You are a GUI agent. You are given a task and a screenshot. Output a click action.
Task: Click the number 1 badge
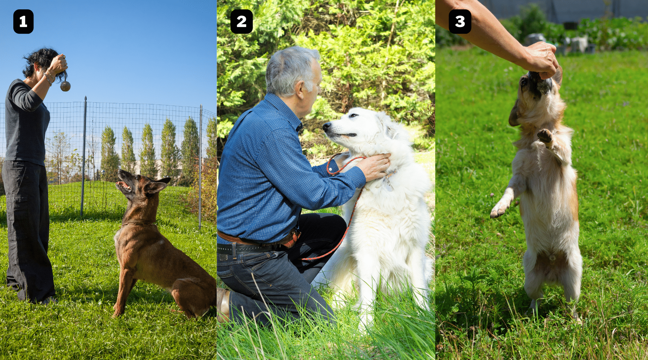[x=23, y=22]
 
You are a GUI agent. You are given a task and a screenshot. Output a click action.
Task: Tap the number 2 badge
[x=241, y=22]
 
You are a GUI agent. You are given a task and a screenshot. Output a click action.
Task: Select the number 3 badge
[x=460, y=22]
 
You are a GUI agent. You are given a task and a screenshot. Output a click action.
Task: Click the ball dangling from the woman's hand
[x=65, y=86]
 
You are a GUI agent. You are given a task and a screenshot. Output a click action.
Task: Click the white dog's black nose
[x=327, y=126]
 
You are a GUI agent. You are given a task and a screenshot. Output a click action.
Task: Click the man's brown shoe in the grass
[x=224, y=304]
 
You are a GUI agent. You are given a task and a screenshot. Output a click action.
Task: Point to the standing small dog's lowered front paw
[x=498, y=211]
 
